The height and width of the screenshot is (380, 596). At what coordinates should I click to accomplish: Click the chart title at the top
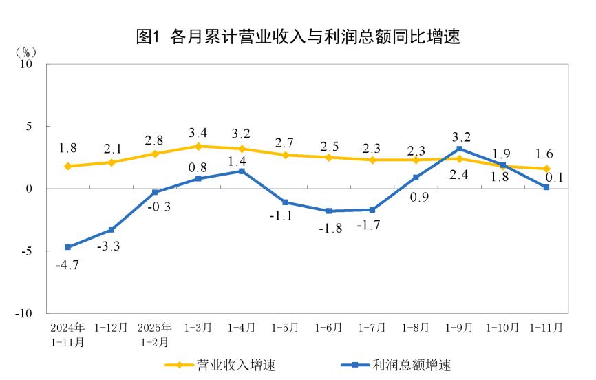298,37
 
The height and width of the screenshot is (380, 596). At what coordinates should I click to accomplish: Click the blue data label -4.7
67,264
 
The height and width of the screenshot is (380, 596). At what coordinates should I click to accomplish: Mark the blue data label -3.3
111,246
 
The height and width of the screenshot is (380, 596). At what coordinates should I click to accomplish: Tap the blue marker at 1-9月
459,149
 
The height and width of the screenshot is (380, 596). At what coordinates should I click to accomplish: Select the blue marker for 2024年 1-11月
67,247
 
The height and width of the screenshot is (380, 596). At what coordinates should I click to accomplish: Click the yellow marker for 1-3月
198,146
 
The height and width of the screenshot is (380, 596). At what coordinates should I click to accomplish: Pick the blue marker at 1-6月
328,211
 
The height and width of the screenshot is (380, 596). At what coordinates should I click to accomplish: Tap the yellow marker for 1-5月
285,155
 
